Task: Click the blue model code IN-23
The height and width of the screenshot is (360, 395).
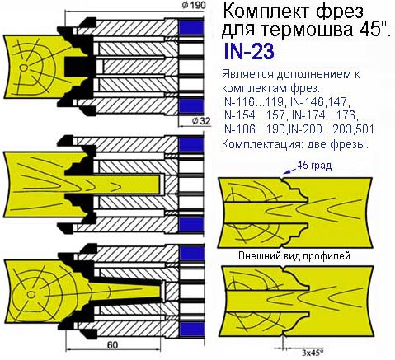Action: click(249, 52)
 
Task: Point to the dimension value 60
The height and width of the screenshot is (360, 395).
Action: click(112, 345)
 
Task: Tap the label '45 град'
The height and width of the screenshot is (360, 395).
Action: click(314, 166)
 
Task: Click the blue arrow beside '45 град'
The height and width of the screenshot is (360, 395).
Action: click(289, 171)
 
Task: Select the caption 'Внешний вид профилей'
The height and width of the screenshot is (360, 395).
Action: click(294, 255)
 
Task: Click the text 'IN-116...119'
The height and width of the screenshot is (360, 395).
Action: click(253, 102)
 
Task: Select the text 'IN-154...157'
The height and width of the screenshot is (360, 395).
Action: click(253, 115)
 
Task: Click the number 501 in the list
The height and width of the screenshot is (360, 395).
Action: click(365, 129)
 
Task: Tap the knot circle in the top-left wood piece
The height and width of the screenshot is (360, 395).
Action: click(24, 68)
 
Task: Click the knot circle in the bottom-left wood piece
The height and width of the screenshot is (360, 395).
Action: click(31, 294)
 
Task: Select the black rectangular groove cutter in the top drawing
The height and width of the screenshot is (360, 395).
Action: click(77, 67)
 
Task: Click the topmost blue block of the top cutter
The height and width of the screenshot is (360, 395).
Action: click(191, 27)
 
